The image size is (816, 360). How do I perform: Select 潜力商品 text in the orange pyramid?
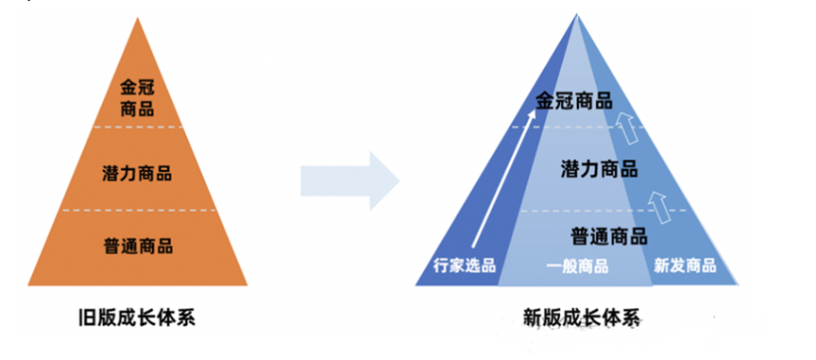[138, 173]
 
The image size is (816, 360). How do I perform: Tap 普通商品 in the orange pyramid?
[138, 246]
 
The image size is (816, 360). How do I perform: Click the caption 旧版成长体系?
[139, 317]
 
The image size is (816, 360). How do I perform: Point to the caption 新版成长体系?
[580, 317]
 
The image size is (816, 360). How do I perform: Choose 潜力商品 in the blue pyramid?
[599, 169]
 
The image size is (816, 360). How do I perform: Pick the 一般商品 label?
[577, 266]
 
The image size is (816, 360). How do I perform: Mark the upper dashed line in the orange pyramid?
[138, 128]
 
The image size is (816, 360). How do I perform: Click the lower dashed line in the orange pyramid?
[138, 210]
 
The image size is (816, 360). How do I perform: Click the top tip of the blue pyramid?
[576, 17]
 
